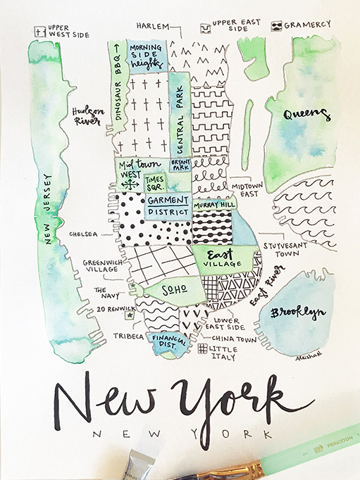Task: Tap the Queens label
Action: (307, 115)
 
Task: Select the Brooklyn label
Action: (301, 312)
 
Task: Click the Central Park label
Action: (180, 123)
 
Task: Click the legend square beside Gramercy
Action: (277, 25)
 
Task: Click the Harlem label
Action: (153, 26)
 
